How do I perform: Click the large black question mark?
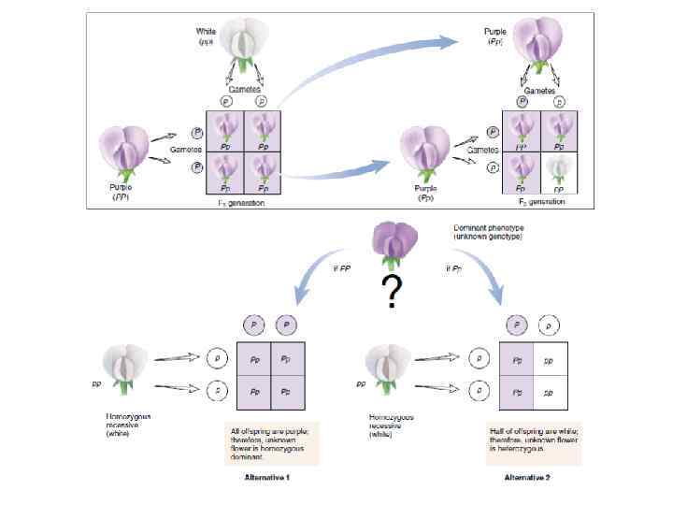click(393, 295)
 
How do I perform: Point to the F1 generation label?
click(238, 203)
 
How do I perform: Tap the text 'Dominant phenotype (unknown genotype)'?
click(487, 233)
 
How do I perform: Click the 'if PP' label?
click(341, 268)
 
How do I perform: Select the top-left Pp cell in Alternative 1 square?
click(254, 359)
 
